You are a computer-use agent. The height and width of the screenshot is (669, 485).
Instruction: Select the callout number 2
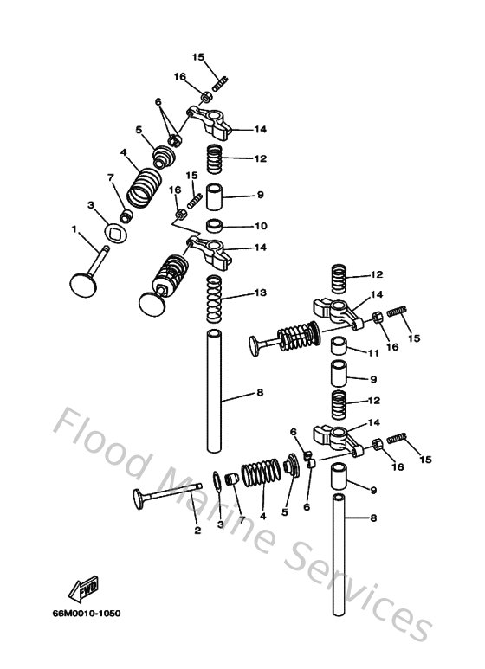[197, 530]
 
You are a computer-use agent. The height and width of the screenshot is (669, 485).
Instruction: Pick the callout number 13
[261, 293]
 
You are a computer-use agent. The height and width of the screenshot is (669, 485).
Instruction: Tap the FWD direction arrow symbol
[88, 590]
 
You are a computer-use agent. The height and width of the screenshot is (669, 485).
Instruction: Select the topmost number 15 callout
[198, 57]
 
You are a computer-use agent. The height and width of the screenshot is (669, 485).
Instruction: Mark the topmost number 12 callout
[259, 158]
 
